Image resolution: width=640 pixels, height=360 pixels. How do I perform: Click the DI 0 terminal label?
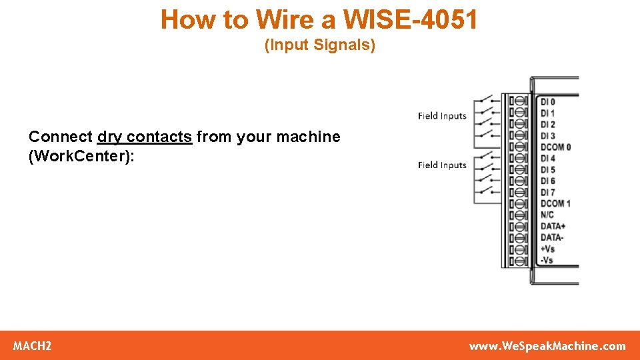coord(547,102)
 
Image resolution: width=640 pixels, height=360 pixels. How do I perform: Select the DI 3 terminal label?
coord(547,136)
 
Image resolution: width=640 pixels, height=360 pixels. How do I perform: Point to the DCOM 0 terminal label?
coord(555,147)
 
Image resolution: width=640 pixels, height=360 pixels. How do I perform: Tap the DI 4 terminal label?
coord(547,159)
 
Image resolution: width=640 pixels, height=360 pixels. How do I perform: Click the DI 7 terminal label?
coord(547,193)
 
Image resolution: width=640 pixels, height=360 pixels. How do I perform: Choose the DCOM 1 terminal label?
coord(555,204)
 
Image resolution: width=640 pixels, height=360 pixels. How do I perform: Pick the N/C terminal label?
coord(547,215)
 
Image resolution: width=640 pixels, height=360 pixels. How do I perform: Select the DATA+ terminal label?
coord(553,227)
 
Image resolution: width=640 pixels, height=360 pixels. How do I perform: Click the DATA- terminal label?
coord(551,238)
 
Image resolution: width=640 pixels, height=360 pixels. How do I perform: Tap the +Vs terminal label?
coord(547,249)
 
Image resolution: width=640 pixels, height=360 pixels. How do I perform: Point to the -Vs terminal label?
coord(547,261)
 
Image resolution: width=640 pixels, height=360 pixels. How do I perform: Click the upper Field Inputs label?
coord(442,116)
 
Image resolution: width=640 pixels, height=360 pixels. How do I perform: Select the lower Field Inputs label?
coord(442,165)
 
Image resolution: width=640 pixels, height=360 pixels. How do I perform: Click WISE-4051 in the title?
coord(411,20)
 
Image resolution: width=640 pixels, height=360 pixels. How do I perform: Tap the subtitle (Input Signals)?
coord(320,45)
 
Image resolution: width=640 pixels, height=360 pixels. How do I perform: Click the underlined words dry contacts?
coord(145,137)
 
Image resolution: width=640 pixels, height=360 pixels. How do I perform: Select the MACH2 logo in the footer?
coord(33,346)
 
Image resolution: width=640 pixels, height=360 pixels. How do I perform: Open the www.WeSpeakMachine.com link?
coord(547,346)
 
